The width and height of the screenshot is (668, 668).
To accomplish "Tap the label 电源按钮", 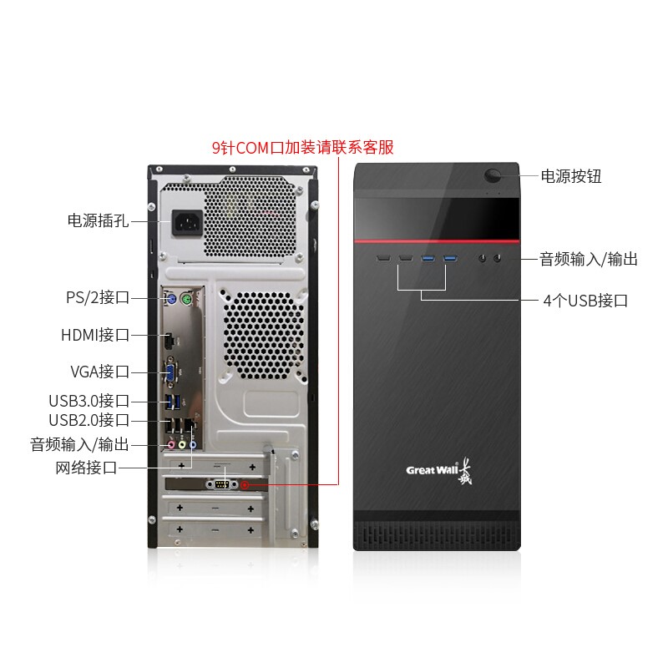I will tap(571, 176).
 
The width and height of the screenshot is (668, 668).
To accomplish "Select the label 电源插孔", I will tap(99, 221).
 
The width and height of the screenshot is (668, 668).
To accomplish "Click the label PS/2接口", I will tap(98, 297).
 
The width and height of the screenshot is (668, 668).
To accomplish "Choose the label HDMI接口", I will tap(95, 336).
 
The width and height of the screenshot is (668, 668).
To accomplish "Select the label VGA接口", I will tap(99, 372).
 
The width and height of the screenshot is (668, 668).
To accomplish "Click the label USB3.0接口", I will tap(89, 402).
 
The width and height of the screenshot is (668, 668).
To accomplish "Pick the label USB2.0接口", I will tap(89, 420).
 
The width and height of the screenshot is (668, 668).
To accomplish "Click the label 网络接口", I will tap(86, 468).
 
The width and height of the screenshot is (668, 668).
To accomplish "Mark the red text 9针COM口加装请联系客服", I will tap(302, 148).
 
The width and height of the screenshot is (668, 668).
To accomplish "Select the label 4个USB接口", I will tap(585, 301).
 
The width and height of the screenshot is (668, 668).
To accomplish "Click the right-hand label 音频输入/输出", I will tap(589, 260).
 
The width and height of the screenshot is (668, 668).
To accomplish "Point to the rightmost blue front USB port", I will tap(451, 257).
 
